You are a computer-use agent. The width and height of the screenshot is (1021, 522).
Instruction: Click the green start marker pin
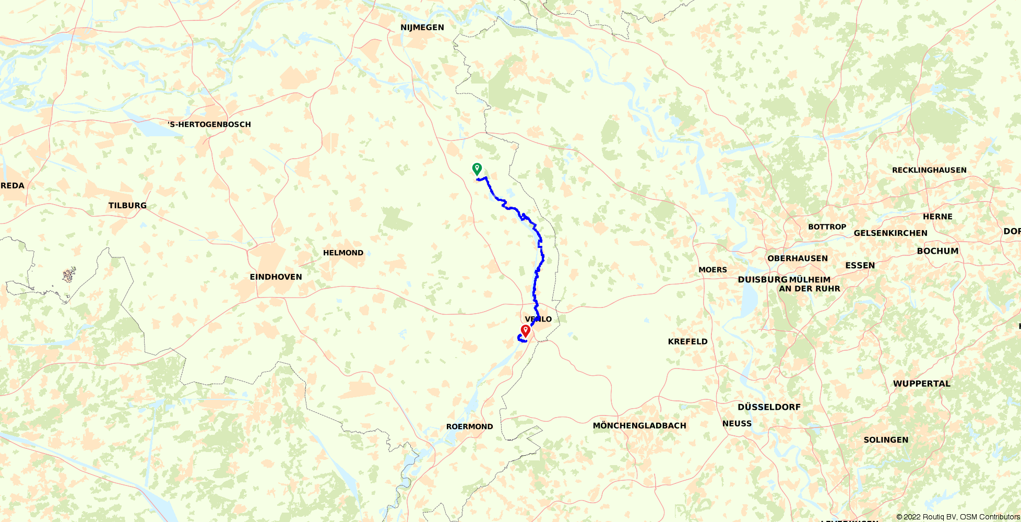477,169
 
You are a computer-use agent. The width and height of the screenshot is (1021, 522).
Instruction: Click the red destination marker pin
526,330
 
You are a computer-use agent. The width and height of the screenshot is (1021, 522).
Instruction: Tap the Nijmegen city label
422,27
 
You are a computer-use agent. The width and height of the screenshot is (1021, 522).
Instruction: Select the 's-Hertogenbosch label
209,124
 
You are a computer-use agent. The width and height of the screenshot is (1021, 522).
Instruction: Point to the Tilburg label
127,205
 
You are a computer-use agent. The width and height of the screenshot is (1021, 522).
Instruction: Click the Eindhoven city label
276,277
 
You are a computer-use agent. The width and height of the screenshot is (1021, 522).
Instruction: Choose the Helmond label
343,253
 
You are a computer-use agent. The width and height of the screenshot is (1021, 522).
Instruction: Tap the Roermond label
469,426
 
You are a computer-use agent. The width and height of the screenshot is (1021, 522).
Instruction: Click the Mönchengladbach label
639,425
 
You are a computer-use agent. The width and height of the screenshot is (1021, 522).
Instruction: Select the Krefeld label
687,341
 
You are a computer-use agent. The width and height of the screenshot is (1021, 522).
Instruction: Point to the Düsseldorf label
769,407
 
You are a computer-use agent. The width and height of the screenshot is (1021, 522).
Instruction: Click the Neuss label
737,423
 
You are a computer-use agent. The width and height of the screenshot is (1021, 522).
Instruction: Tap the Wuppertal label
921,383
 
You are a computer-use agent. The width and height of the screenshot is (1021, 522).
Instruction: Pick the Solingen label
886,440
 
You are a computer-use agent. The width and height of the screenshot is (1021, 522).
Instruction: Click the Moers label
713,270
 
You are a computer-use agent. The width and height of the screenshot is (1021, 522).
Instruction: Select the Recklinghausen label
929,170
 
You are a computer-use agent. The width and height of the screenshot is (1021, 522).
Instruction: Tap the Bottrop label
827,227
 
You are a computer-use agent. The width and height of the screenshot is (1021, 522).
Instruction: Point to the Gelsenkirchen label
891,233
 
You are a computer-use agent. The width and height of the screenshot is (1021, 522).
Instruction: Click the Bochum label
937,251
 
